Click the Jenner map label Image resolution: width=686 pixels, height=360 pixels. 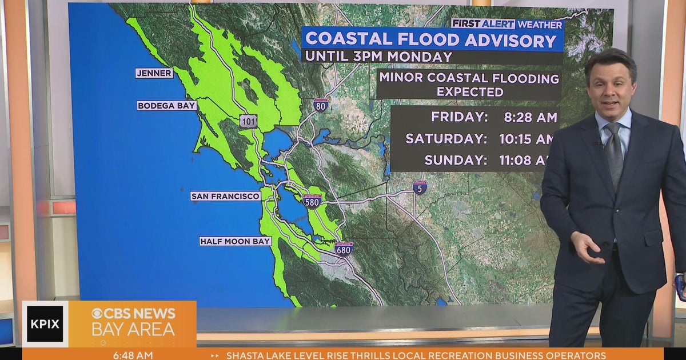[x=154, y=73]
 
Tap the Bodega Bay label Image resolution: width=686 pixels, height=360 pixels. [x=167, y=106]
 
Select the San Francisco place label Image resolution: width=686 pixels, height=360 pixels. [x=225, y=196]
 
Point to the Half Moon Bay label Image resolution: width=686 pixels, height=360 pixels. [x=235, y=241]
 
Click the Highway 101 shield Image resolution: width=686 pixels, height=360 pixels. [x=249, y=121]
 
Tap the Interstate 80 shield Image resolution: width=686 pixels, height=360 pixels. [x=321, y=106]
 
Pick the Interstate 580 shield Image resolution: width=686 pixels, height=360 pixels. [x=313, y=201]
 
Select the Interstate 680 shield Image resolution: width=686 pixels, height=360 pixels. [x=344, y=248]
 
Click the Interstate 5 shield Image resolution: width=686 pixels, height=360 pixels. [x=420, y=187]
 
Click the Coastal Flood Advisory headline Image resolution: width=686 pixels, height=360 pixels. [x=432, y=40]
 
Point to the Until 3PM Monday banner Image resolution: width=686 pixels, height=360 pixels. [x=378, y=57]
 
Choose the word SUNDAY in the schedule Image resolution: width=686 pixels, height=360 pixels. [x=456, y=160]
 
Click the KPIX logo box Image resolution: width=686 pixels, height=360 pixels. [x=45, y=324]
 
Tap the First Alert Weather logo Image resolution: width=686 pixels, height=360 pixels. [x=507, y=23]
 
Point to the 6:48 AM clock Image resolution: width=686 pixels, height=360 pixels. [x=133, y=355]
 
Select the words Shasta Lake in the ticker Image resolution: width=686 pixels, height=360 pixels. [x=258, y=355]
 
